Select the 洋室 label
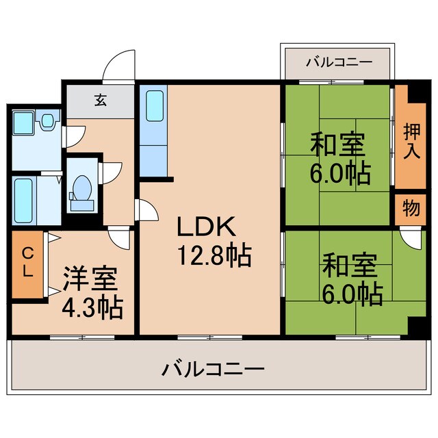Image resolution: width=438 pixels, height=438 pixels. pos(90,280)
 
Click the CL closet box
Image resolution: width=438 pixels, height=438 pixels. pos(27,263)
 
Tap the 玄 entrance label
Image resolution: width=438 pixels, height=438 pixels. pos(101,101)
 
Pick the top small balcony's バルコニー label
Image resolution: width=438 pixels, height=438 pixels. pos(338,62)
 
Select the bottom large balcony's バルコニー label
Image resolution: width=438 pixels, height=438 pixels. pos(213,371)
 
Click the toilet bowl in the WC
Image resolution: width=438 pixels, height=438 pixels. pos(82,187)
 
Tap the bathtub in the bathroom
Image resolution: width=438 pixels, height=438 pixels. pos(25,200)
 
